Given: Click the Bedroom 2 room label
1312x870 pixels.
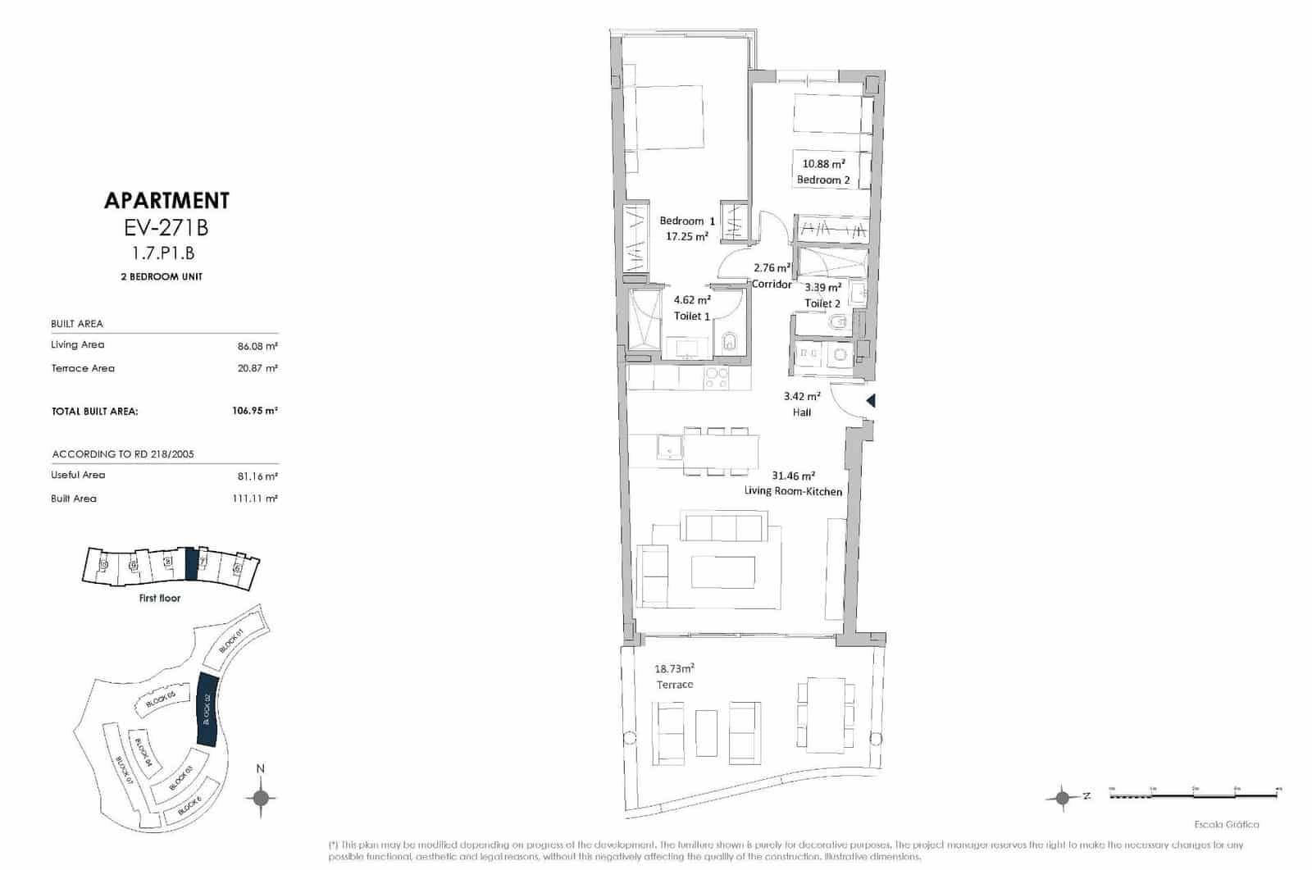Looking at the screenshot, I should pyautogui.click(x=823, y=180).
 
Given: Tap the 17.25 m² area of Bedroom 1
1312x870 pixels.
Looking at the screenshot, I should pyautogui.click(x=687, y=236).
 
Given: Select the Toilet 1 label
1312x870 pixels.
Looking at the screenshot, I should pyautogui.click(x=692, y=316).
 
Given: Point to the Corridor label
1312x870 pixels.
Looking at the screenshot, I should pyautogui.click(x=772, y=285).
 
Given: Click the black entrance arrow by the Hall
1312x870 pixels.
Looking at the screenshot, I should pyautogui.click(x=871, y=401).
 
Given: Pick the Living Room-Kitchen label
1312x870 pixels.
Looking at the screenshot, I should pyautogui.click(x=793, y=491).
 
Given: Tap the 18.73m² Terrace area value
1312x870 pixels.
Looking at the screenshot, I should pyautogui.click(x=674, y=668).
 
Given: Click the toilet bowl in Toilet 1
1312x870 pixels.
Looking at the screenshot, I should pyautogui.click(x=729, y=341).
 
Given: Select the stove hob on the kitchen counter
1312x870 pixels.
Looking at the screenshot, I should pyautogui.click(x=717, y=378).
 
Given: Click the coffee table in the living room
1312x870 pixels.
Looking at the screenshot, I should pyautogui.click(x=722, y=572).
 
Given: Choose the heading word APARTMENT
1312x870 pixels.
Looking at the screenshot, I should pyautogui.click(x=166, y=200).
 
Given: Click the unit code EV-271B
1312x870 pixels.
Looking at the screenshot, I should pyautogui.click(x=166, y=228).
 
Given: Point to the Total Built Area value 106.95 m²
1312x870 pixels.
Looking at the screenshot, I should pyautogui.click(x=254, y=411).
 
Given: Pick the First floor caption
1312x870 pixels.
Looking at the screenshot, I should pyautogui.click(x=160, y=598).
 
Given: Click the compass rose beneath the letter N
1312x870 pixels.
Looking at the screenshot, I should pyautogui.click(x=261, y=797).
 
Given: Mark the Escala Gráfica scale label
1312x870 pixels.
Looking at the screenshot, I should pyautogui.click(x=1226, y=824).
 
